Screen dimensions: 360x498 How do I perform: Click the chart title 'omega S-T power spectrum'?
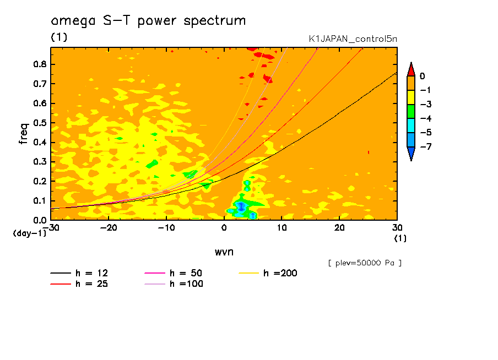click(x=148, y=21)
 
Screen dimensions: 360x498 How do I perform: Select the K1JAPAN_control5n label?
click(x=353, y=39)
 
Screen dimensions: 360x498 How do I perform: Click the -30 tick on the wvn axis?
click(x=51, y=227)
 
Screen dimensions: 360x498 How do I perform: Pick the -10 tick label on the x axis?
click(x=166, y=227)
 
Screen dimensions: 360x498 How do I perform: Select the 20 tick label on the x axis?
click(x=339, y=227)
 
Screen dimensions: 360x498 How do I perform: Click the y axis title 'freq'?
click(x=24, y=133)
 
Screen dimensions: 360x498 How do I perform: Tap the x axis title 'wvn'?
click(x=224, y=252)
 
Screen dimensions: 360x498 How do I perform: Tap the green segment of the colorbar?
click(x=411, y=112)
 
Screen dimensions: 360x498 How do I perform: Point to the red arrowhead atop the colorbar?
click(x=411, y=69)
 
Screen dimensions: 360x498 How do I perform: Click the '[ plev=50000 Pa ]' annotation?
click(x=365, y=263)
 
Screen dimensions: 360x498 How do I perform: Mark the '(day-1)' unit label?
click(x=30, y=233)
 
